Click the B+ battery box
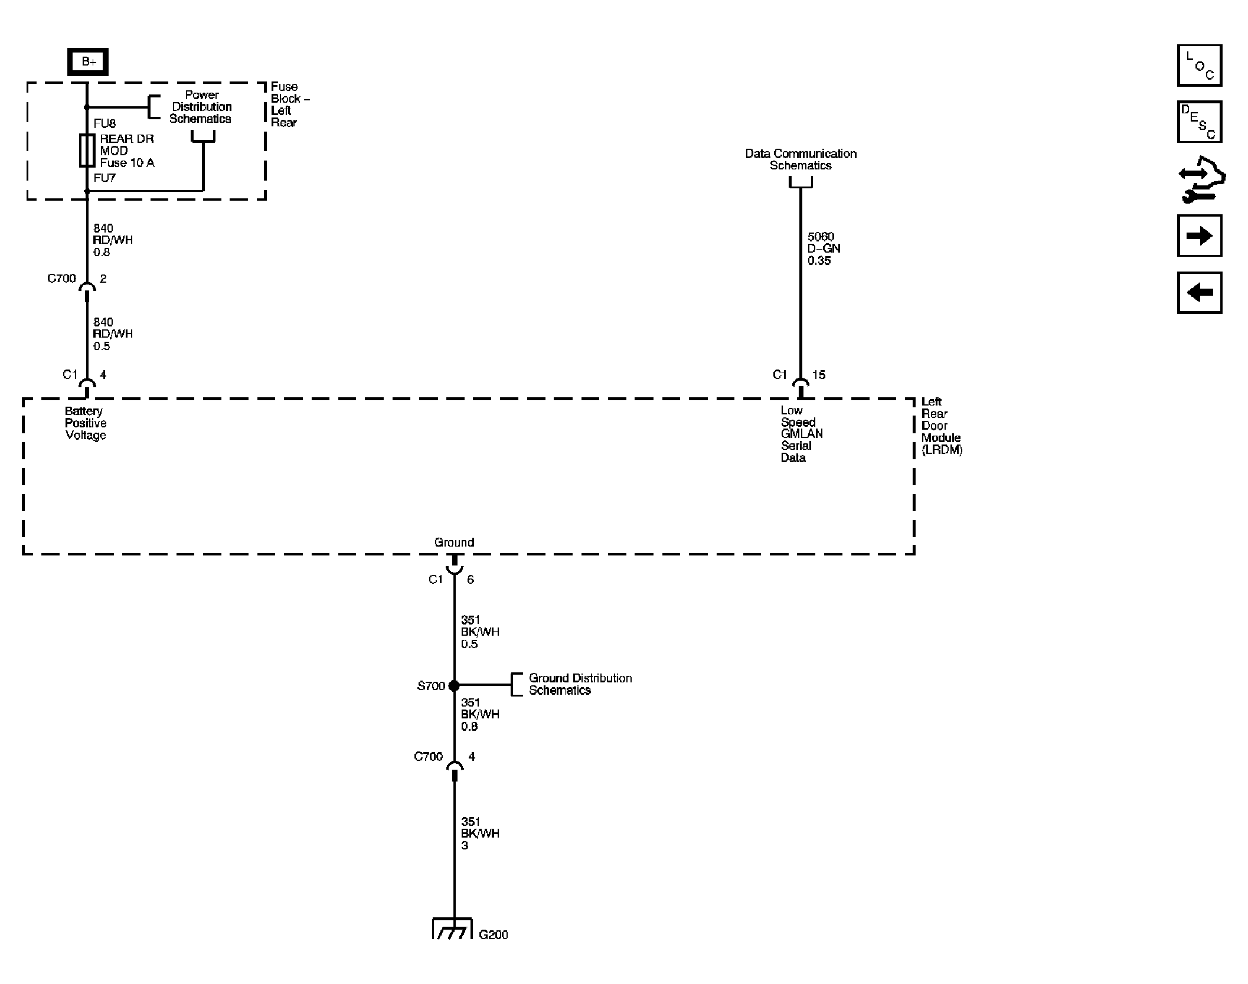tap(88, 62)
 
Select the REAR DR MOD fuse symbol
tap(87, 151)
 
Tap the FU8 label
tap(104, 124)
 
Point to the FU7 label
tap(104, 178)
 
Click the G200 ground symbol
tap(453, 929)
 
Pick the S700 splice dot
tap(454, 685)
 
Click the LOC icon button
tap(1199, 66)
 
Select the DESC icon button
tap(1199, 122)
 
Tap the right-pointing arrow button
tap(1199, 236)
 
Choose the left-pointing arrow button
tap(1199, 293)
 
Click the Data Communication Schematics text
tap(801, 159)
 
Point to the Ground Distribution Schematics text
tap(580, 684)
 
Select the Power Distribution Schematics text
tap(201, 107)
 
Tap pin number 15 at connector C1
tap(819, 375)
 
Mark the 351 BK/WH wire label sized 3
tap(479, 833)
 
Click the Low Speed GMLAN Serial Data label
tap(801, 434)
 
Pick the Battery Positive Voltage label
tap(86, 423)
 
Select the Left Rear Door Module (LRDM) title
tap(941, 426)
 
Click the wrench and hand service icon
tap(1200, 179)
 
